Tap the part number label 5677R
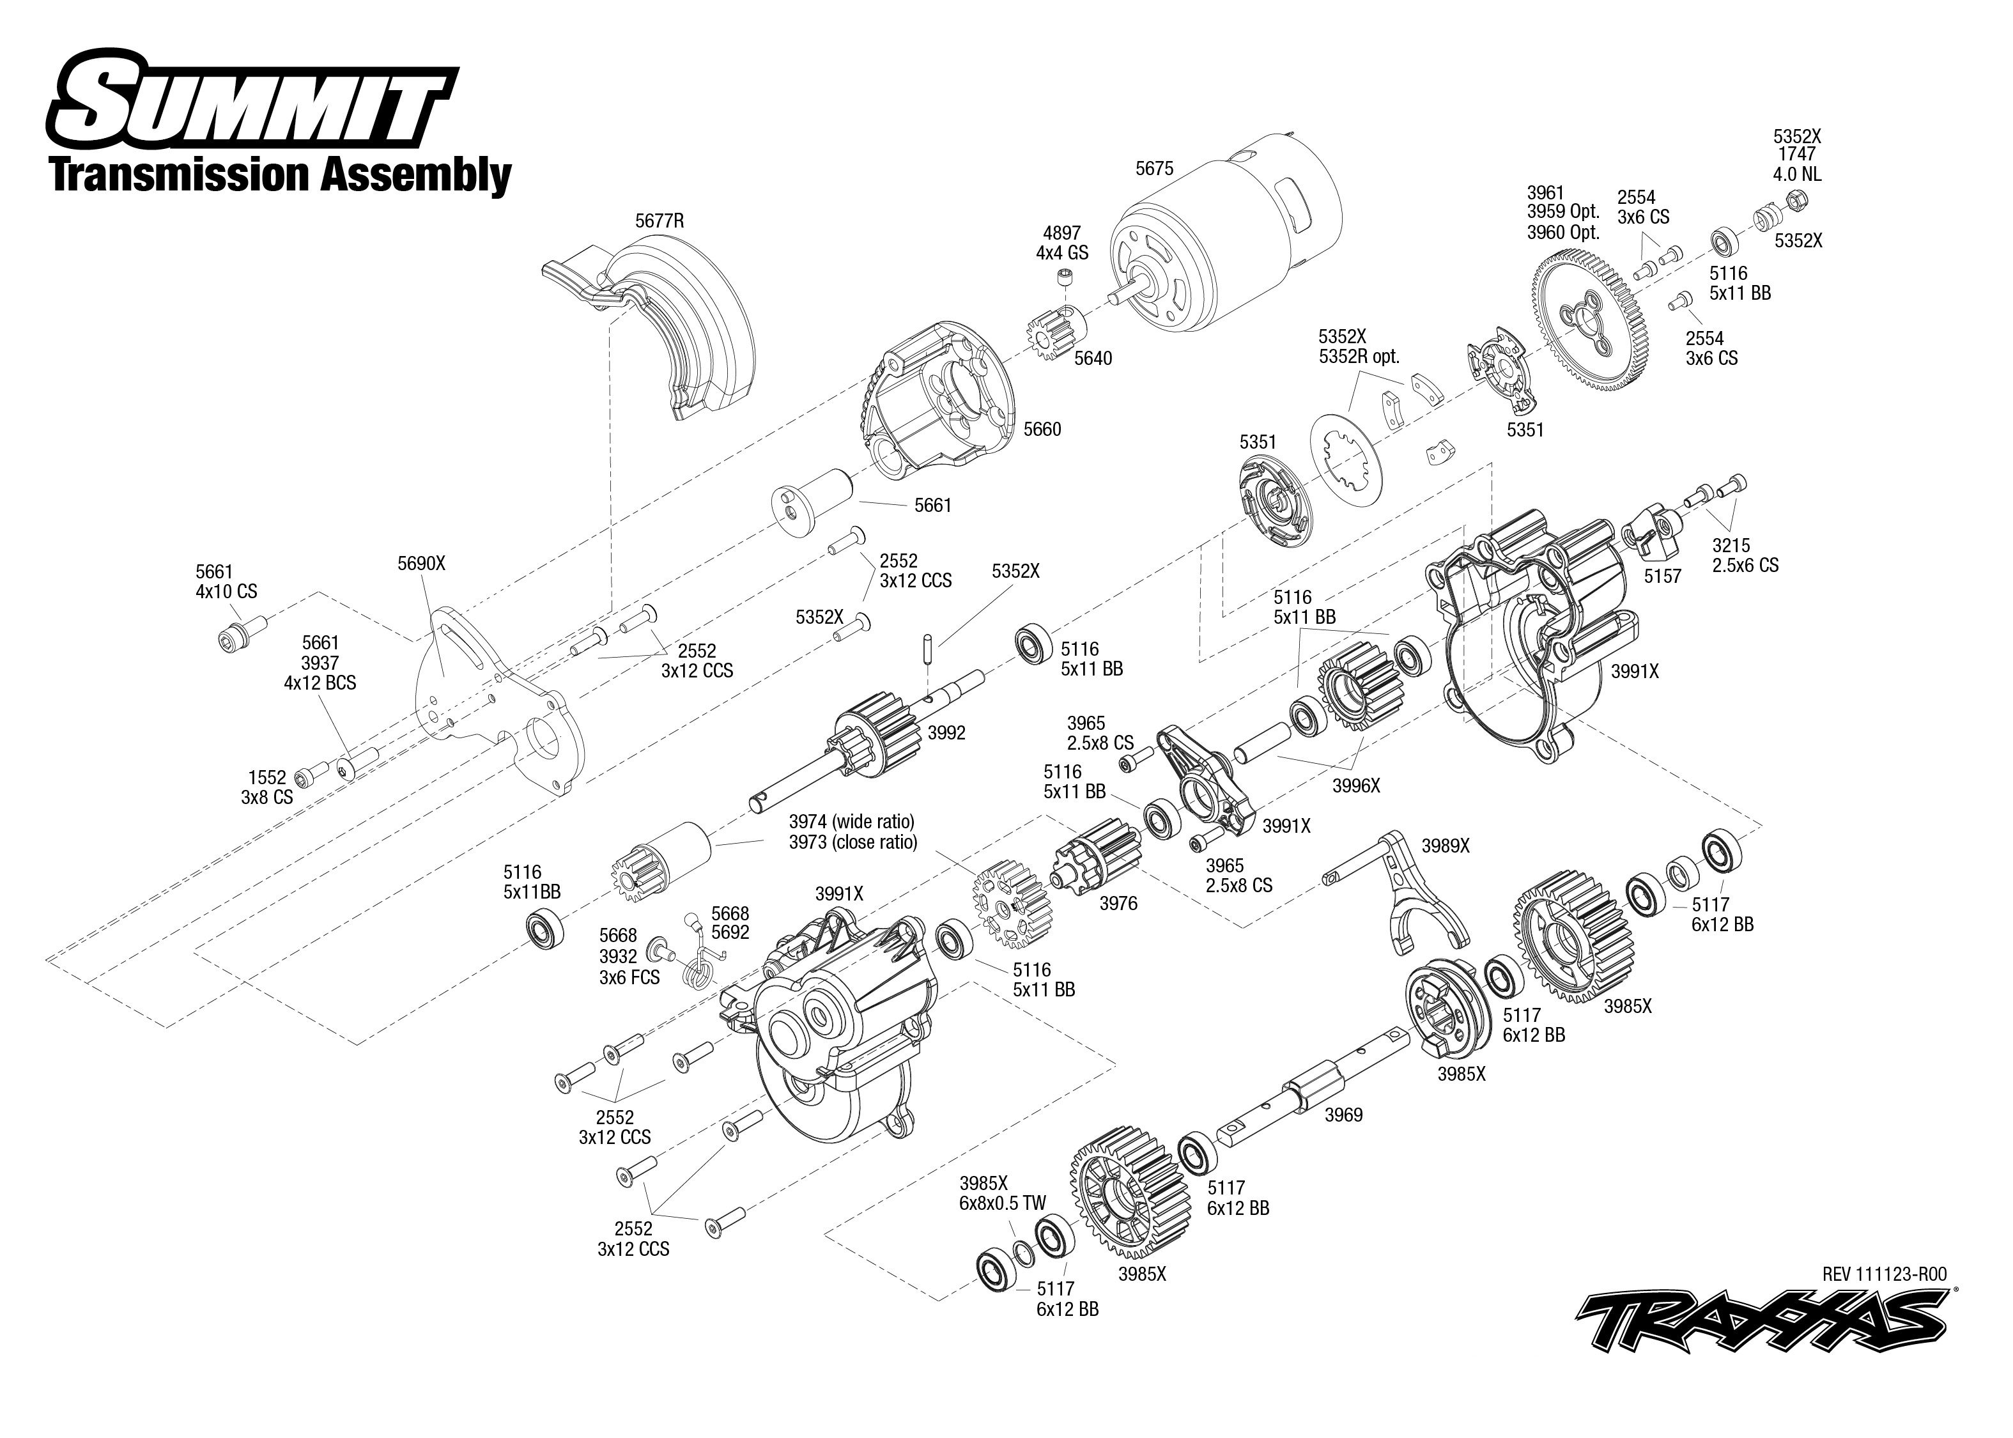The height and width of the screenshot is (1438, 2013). (x=659, y=221)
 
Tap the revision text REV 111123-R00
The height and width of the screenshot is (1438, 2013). (x=1884, y=1274)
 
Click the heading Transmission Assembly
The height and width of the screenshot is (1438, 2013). (x=281, y=174)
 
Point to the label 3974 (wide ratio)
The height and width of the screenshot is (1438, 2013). (x=852, y=822)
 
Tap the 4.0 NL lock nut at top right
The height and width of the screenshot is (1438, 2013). (x=1798, y=199)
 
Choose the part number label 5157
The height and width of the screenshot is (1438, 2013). (x=1662, y=576)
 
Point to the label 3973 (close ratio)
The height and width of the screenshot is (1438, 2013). (x=852, y=842)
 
